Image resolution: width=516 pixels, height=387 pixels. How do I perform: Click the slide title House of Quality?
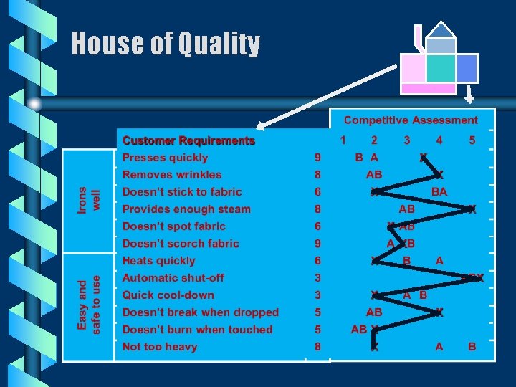coord(166,44)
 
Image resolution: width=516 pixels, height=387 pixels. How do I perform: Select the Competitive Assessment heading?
coord(411,120)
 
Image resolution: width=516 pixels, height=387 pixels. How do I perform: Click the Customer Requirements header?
coord(188,141)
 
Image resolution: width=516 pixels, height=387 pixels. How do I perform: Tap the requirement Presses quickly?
coord(165,158)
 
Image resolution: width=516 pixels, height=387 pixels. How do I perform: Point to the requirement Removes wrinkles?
coord(172,175)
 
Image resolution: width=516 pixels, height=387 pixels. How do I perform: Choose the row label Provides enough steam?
coord(186,209)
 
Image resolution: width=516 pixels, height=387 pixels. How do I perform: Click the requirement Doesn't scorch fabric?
coord(181,244)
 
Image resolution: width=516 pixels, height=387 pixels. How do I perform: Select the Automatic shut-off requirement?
coord(173,278)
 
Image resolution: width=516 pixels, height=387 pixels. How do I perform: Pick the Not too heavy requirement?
coord(159,347)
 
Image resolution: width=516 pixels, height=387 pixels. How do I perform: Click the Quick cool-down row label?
coord(168,295)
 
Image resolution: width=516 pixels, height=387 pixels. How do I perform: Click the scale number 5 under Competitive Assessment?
coord(472,140)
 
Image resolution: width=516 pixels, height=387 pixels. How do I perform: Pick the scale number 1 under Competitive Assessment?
coord(343,140)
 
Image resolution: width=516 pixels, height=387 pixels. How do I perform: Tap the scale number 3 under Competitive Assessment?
coord(407,140)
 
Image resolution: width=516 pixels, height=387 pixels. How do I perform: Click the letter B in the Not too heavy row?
coord(472,347)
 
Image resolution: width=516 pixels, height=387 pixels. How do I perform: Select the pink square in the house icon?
coord(412,69)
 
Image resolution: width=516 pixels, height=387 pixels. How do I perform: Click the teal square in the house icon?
coord(440,69)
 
